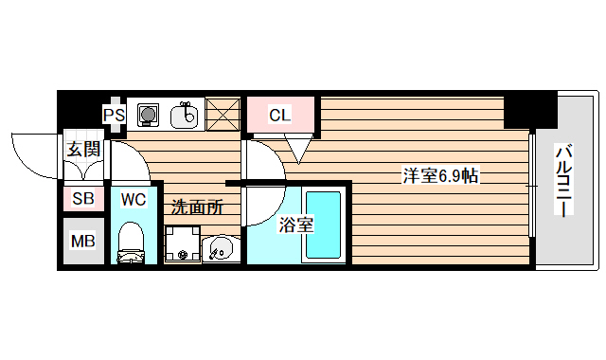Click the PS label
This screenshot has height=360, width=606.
[114, 116]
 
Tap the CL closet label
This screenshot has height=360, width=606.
[279, 116]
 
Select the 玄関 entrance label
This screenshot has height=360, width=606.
[83, 149]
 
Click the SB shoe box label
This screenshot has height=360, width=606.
[83, 200]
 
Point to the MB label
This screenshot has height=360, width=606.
[83, 242]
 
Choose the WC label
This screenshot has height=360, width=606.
[132, 201]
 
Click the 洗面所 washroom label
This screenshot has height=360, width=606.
[197, 207]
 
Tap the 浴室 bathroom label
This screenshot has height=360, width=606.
[295, 225]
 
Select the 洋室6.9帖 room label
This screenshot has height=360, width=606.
[439, 175]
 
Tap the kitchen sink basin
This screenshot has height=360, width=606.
[186, 117]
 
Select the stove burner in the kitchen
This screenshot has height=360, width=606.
[147, 116]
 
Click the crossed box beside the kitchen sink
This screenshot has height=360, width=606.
[223, 115]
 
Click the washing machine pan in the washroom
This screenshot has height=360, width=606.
[181, 244]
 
